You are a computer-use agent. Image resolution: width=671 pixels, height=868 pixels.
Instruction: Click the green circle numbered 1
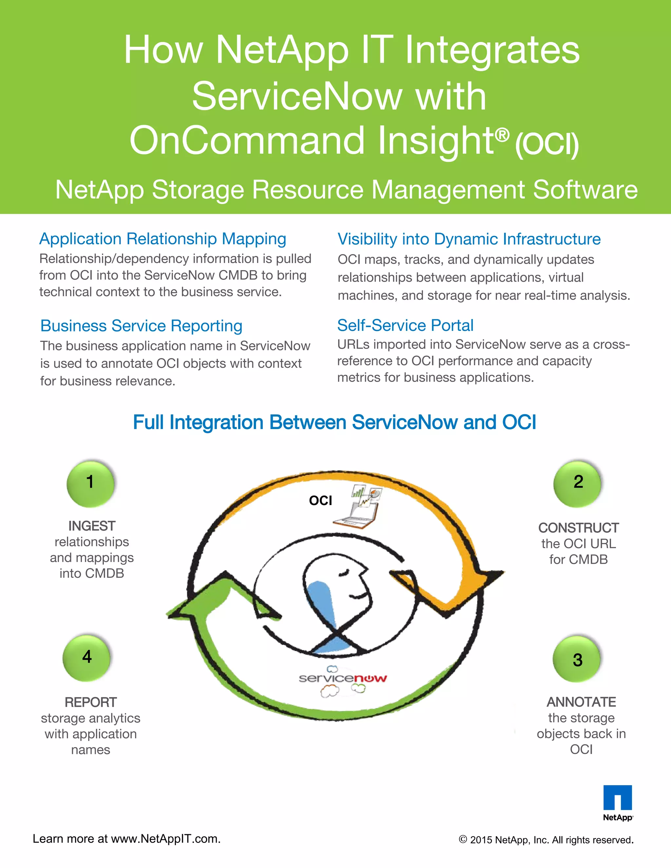pyautogui.click(x=91, y=484)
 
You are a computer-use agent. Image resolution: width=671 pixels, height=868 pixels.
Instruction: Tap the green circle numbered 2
pyautogui.click(x=578, y=484)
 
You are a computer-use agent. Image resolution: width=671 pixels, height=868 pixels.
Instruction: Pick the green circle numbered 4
pyautogui.click(x=86, y=658)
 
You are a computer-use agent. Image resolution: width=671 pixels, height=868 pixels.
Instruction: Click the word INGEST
pyautogui.click(x=92, y=526)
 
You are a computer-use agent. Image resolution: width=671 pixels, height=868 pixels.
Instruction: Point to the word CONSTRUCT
pyautogui.click(x=578, y=528)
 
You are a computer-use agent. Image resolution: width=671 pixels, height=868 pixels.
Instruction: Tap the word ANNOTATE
pyautogui.click(x=581, y=702)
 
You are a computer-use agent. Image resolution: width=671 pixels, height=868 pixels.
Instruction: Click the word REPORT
pyautogui.click(x=91, y=702)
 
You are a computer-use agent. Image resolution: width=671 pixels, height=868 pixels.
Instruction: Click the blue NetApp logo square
pyautogui.click(x=617, y=797)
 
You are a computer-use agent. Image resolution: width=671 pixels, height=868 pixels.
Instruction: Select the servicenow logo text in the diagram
pyautogui.click(x=343, y=678)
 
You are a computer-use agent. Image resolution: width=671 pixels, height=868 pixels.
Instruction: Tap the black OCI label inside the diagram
pyautogui.click(x=320, y=500)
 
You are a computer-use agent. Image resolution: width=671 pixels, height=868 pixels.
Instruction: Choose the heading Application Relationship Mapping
pyautogui.click(x=163, y=239)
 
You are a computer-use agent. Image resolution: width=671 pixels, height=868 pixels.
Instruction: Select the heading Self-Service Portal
pyautogui.click(x=405, y=325)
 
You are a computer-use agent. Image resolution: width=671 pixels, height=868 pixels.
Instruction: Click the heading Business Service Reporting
pyautogui.click(x=141, y=326)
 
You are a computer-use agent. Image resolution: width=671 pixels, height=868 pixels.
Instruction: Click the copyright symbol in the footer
pyautogui.click(x=463, y=839)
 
